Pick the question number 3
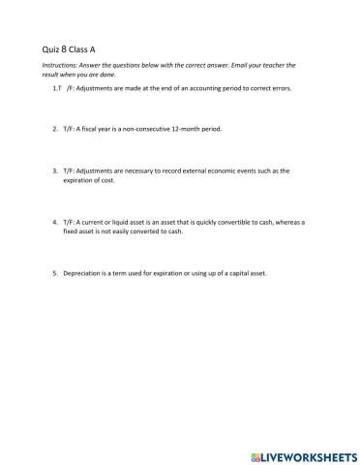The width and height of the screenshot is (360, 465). (x=55, y=170)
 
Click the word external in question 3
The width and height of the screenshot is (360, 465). (x=193, y=170)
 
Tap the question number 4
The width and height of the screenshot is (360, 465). (x=55, y=222)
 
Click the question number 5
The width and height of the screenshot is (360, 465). (x=55, y=273)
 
